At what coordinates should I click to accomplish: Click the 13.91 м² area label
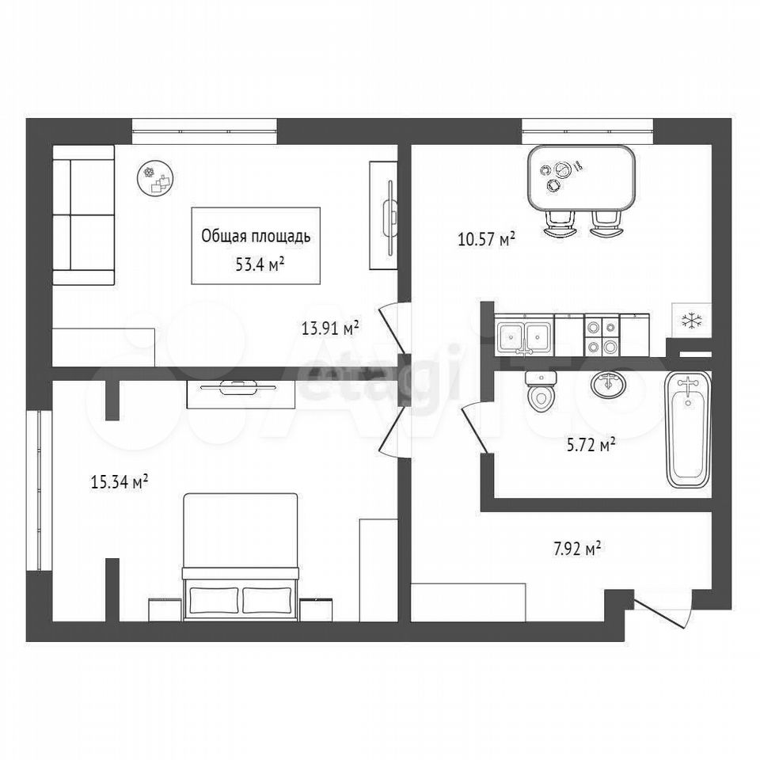click(x=330, y=328)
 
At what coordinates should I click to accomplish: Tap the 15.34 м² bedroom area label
click(x=120, y=482)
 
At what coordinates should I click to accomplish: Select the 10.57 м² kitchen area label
click(x=486, y=238)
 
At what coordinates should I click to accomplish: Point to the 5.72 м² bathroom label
click(x=591, y=444)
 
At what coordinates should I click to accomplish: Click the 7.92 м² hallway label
click(x=577, y=549)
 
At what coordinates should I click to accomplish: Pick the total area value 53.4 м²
click(x=260, y=264)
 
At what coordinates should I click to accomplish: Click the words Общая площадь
click(x=256, y=237)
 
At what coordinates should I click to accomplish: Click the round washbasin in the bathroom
click(x=608, y=386)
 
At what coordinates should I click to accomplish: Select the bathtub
click(x=687, y=429)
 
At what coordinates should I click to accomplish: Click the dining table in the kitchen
click(x=582, y=177)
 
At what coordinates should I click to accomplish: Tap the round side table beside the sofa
click(x=156, y=178)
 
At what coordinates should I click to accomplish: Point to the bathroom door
click(x=475, y=429)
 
